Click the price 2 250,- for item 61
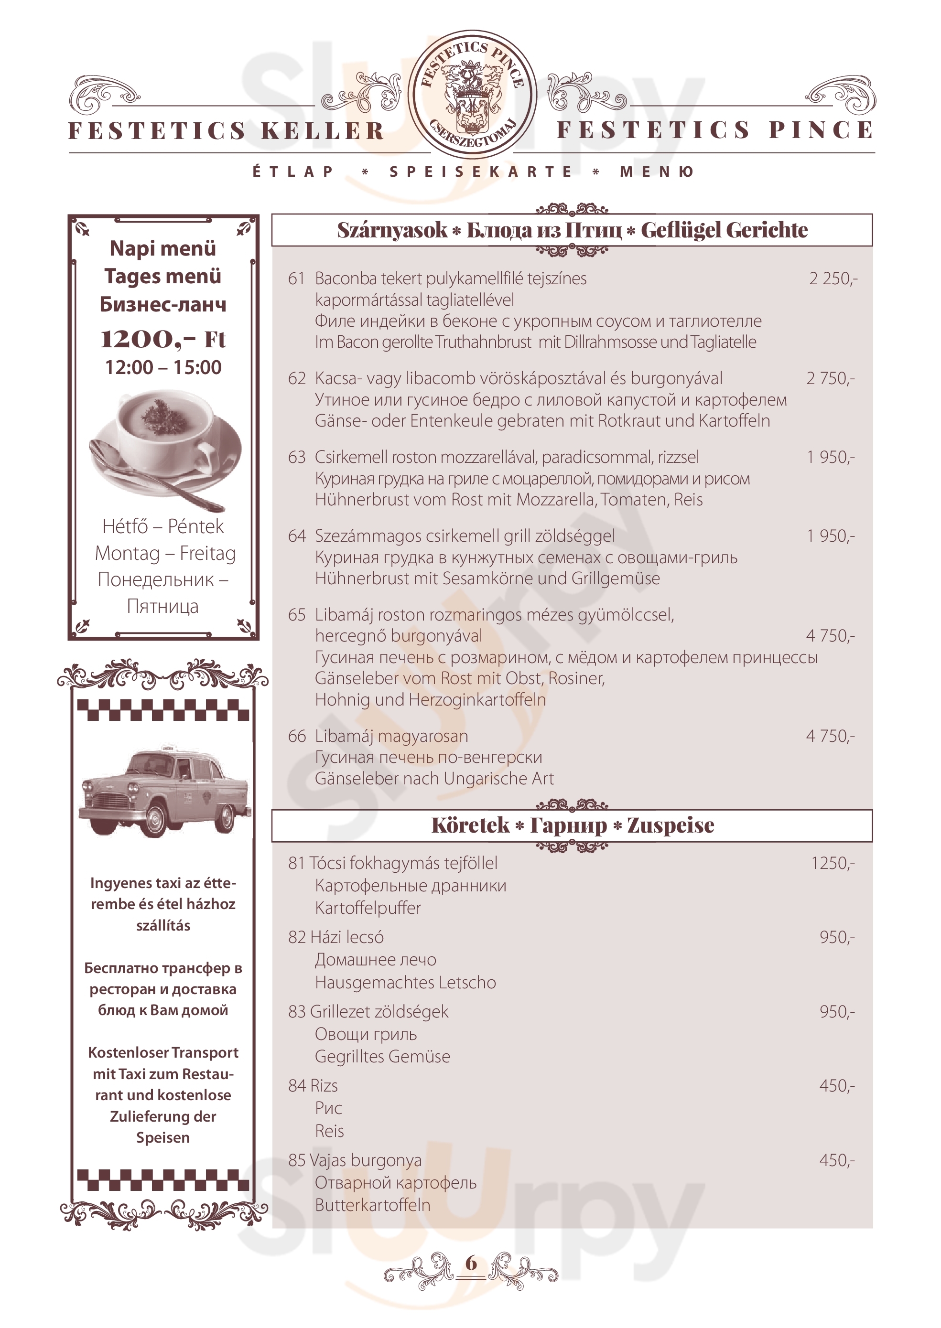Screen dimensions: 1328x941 (833, 278)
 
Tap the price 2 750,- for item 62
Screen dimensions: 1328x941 (830, 378)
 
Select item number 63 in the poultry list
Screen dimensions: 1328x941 (297, 457)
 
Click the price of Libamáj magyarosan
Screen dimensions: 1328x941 (830, 736)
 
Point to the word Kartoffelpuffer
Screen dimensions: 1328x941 (368, 908)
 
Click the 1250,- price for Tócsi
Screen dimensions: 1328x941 (833, 863)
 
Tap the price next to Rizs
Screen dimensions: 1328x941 (837, 1085)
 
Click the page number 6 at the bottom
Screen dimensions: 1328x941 (471, 1263)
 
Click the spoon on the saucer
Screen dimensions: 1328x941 (156, 475)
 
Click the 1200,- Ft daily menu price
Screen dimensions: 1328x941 (163, 339)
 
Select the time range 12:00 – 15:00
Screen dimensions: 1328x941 (163, 367)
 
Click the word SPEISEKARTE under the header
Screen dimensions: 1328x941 (480, 171)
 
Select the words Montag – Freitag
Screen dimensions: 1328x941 (165, 553)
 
